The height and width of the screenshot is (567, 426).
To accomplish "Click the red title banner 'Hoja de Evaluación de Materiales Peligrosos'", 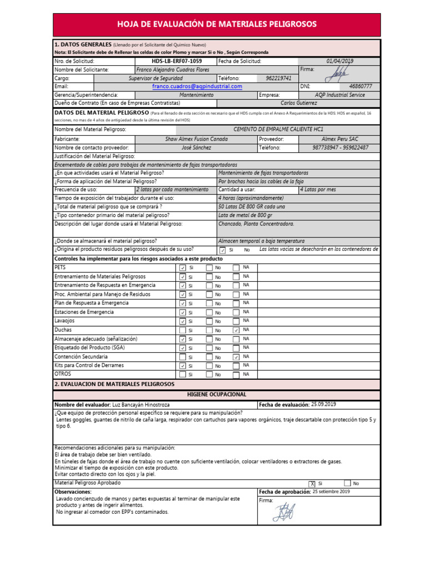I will [x=216, y=24].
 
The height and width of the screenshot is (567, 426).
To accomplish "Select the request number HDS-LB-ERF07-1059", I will [x=176, y=61].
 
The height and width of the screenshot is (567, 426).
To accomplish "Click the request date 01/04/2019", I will [x=343, y=61].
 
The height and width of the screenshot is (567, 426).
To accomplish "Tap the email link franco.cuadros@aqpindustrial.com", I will [x=197, y=87].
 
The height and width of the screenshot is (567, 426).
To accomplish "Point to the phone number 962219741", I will [x=278, y=79].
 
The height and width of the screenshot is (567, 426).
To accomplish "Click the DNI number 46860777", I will [x=361, y=87].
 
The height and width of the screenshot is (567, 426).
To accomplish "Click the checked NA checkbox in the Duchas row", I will [x=236, y=330].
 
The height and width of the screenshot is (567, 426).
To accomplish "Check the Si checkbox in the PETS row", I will [x=182, y=268].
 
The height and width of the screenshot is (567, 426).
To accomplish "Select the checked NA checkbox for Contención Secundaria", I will [x=236, y=357].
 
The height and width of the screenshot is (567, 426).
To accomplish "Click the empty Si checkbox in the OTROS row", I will [x=182, y=375].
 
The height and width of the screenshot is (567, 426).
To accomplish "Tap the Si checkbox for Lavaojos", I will [x=182, y=321].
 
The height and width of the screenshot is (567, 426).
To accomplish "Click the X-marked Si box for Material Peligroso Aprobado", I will [x=313, y=483].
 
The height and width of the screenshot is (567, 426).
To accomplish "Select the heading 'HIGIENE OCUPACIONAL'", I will [x=216, y=394].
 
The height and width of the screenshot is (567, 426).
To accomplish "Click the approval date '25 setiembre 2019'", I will [x=331, y=492].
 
